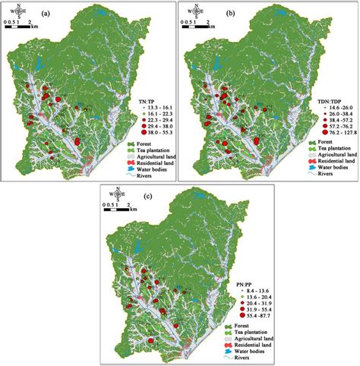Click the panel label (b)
click(x=228, y=14)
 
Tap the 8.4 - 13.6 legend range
click(x=242, y=292)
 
